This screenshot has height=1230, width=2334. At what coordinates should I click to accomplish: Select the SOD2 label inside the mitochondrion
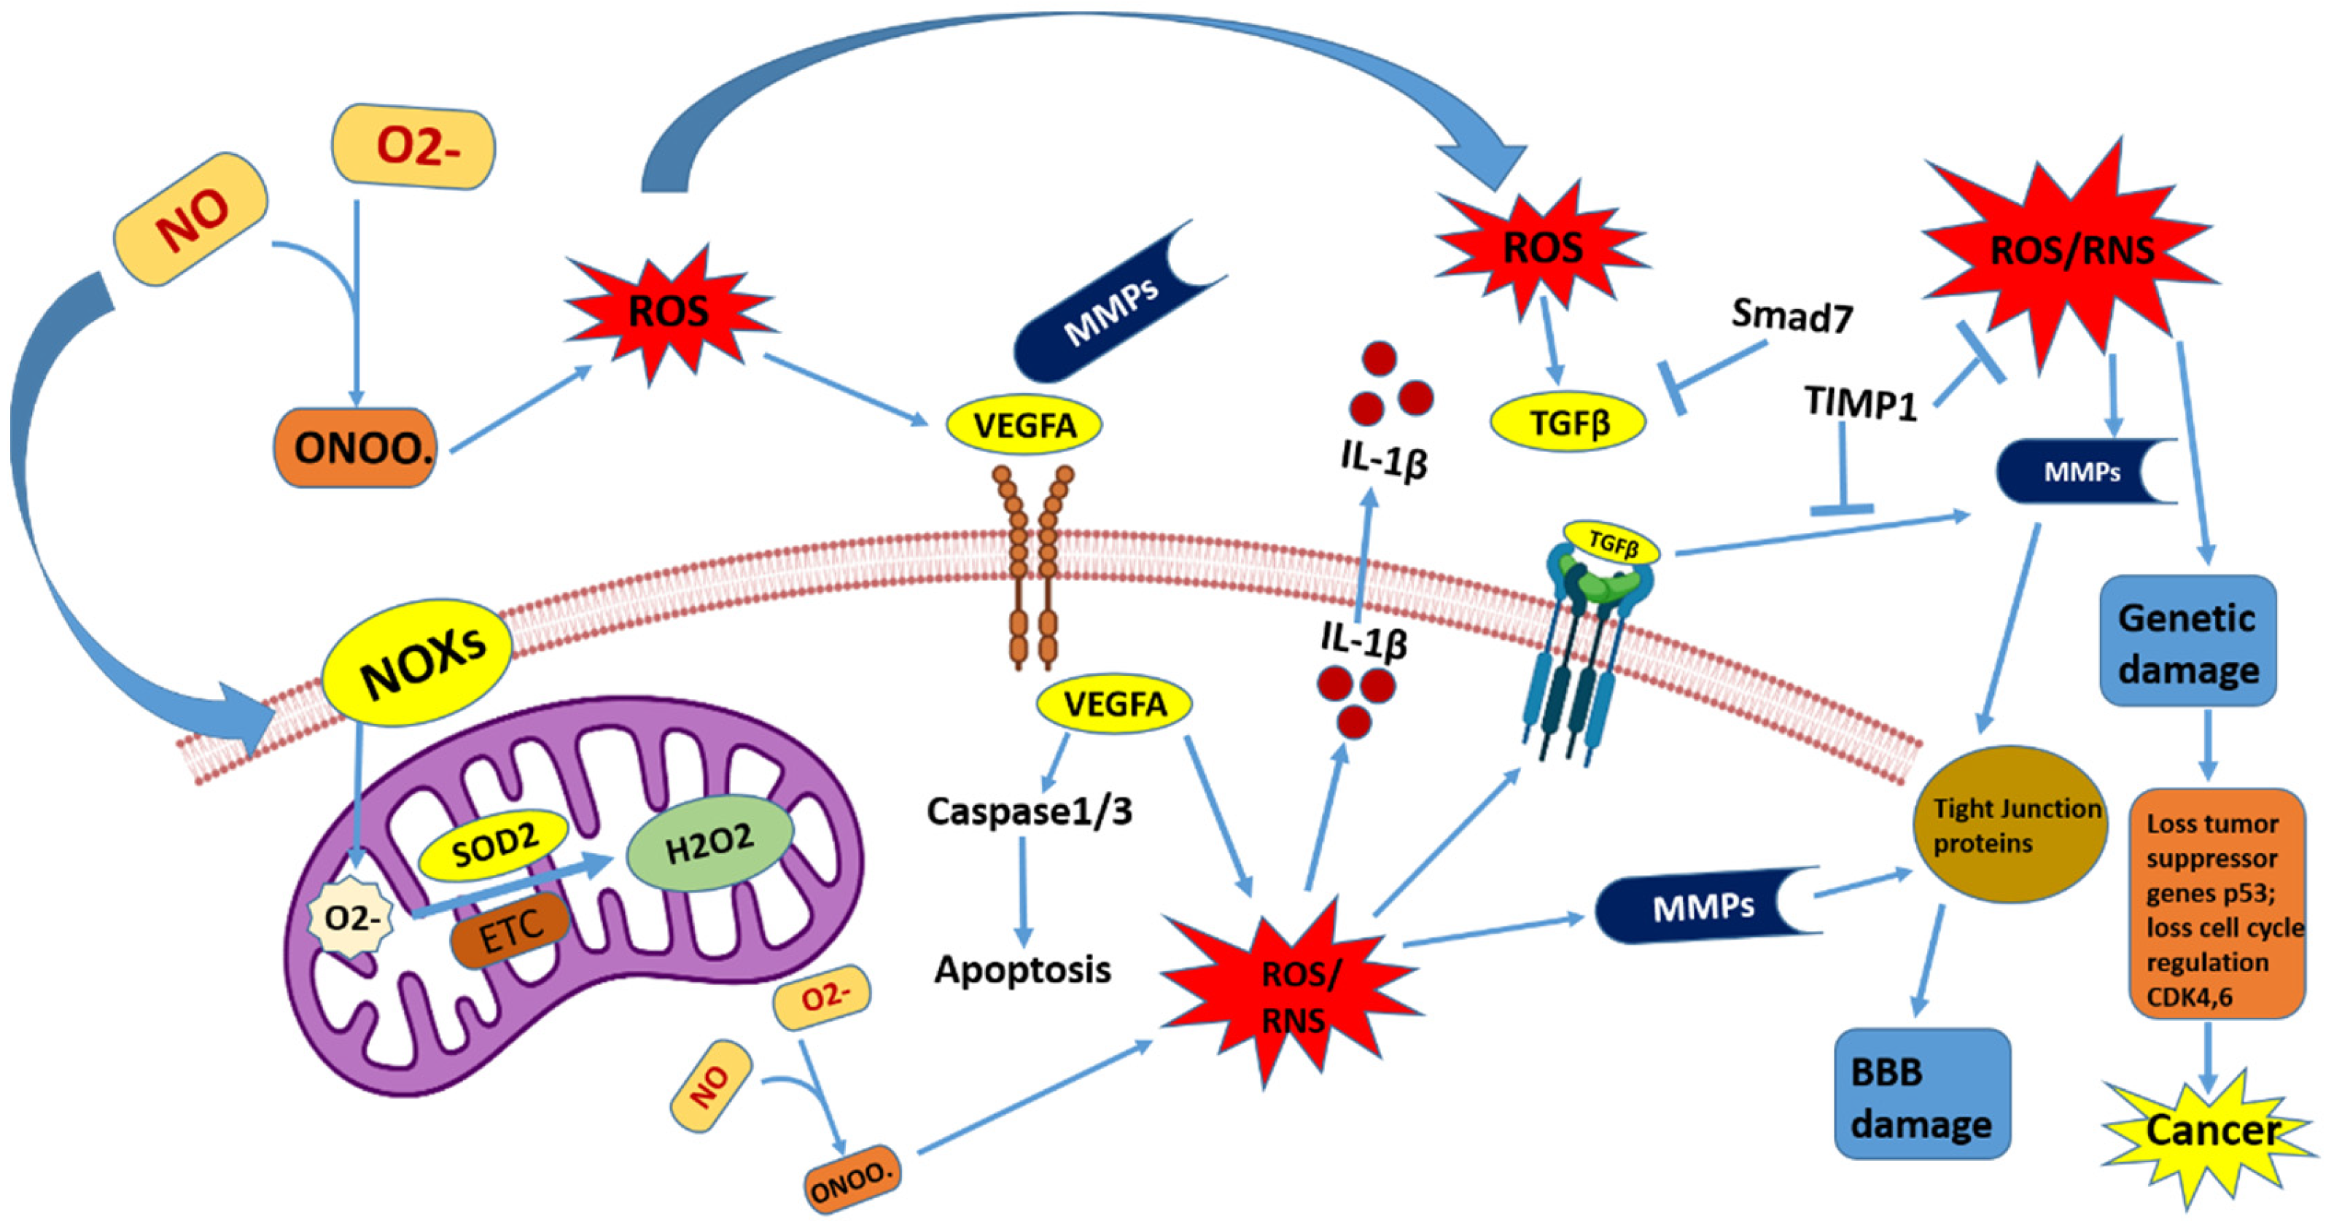pyautogui.click(x=494, y=845)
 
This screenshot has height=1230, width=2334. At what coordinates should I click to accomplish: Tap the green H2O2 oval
pyautogui.click(x=710, y=844)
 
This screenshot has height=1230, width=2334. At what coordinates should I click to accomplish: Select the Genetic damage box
pyautogui.click(x=2187, y=642)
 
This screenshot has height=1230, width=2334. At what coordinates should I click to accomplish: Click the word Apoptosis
pyautogui.click(x=1022, y=970)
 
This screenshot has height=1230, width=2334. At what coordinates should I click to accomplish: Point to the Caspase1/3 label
pyautogui.click(x=1028, y=811)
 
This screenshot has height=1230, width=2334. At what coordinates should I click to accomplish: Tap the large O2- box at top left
pyautogui.click(x=414, y=146)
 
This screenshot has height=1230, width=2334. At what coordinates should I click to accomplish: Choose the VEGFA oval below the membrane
pyautogui.click(x=1113, y=704)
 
